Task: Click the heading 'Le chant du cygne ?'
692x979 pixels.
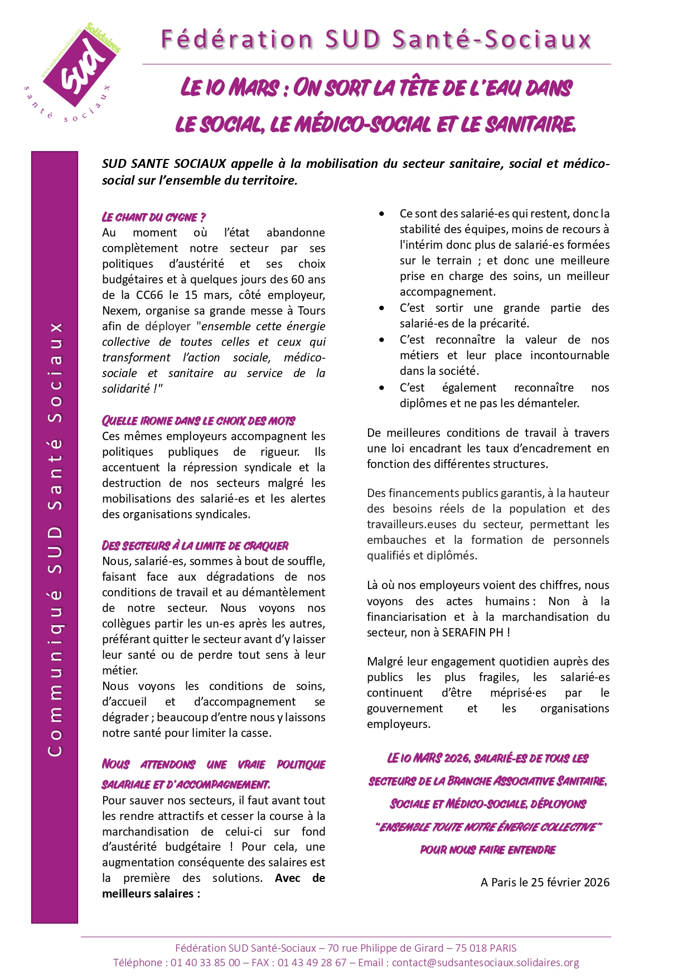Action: [154, 217]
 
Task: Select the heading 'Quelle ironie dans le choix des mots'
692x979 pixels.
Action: [199, 421]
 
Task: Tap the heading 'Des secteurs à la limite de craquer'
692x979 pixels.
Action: [195, 546]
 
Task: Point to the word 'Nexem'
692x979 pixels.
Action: [119, 311]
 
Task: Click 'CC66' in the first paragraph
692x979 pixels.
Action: [149, 295]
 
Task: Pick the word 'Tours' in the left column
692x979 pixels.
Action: [312, 311]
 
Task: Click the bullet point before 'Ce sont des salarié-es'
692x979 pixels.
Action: [381, 214]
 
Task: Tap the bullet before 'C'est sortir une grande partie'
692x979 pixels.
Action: [381, 308]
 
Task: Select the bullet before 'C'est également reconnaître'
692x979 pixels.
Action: [381, 388]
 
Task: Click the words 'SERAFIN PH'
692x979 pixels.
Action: [473, 633]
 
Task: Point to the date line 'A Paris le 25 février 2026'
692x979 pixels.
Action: [545, 882]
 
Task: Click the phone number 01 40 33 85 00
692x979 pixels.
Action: [205, 963]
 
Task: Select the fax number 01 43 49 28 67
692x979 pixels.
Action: [312, 963]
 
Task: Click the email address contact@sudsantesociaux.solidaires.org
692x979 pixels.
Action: [485, 963]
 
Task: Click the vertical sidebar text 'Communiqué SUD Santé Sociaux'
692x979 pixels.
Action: [55, 538]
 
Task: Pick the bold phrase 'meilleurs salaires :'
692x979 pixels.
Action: [151, 894]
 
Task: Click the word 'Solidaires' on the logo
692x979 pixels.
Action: [104, 38]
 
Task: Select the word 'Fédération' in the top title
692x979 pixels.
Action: [237, 40]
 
